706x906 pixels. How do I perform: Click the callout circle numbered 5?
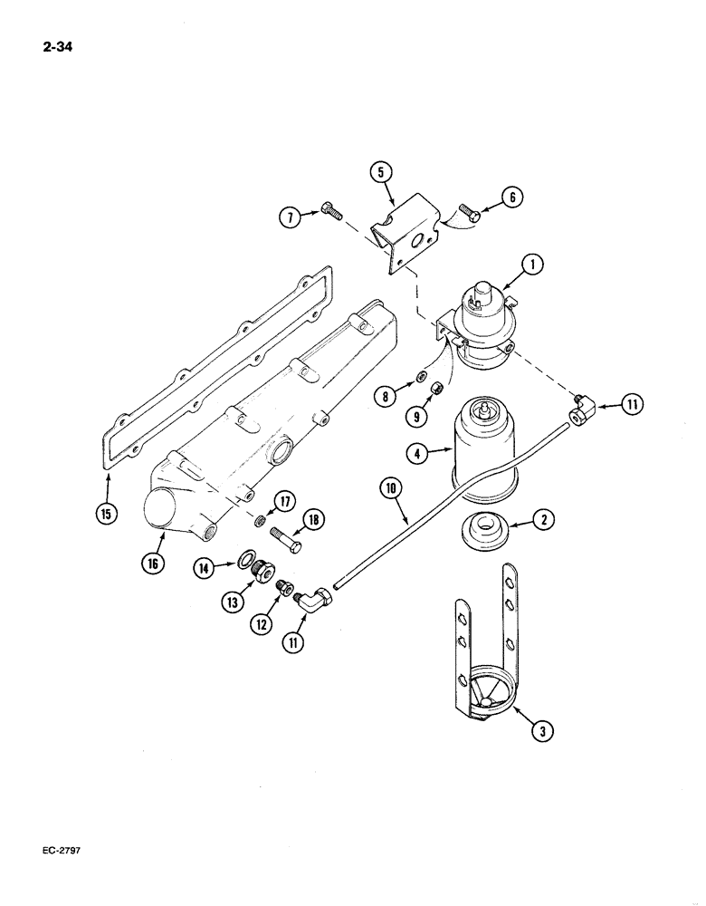point(381,172)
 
